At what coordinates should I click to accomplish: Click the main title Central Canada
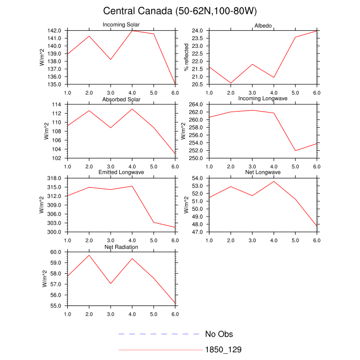click(180, 11)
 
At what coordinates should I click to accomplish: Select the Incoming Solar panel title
click(121, 25)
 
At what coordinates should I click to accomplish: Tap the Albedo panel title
click(263, 26)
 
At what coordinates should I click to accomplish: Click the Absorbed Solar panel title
click(121, 99)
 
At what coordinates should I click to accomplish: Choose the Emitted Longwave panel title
click(121, 172)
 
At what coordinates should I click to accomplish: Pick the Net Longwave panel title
click(263, 172)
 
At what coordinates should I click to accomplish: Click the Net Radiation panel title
click(121, 247)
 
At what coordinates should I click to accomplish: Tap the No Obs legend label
click(219, 334)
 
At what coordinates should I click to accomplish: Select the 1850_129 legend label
click(223, 350)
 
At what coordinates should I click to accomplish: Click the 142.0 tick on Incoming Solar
click(57, 31)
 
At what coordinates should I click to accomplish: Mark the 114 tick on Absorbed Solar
click(59, 105)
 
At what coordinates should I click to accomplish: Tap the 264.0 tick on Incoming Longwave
click(198, 105)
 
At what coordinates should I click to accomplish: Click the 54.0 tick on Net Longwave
click(200, 178)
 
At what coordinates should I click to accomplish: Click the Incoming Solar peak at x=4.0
click(132, 31)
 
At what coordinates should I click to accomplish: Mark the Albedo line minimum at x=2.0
click(230, 83)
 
